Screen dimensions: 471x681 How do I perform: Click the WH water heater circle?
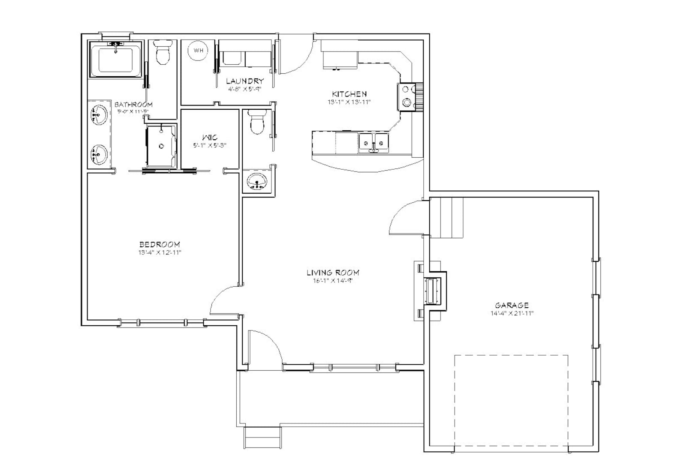pyautogui.click(x=198, y=51)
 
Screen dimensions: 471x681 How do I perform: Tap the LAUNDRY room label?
pyautogui.click(x=244, y=81)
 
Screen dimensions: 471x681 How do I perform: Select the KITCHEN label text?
pyautogui.click(x=350, y=94)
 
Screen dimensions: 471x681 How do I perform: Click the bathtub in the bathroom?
pyautogui.click(x=115, y=60)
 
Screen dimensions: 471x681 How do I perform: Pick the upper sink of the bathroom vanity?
pyautogui.click(x=99, y=115)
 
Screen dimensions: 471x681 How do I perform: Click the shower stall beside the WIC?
pyautogui.click(x=161, y=146)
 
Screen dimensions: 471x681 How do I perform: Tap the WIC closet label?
pyautogui.click(x=210, y=138)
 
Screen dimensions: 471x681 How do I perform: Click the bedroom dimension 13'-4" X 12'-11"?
pyautogui.click(x=160, y=253)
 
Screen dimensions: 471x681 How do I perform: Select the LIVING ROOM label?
pyautogui.click(x=333, y=273)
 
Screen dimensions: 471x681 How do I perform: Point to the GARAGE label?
pyautogui.click(x=512, y=306)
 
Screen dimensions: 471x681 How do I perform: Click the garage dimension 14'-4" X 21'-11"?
pyautogui.click(x=512, y=313)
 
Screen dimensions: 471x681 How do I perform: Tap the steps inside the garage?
pyautogui.click(x=446, y=218)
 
